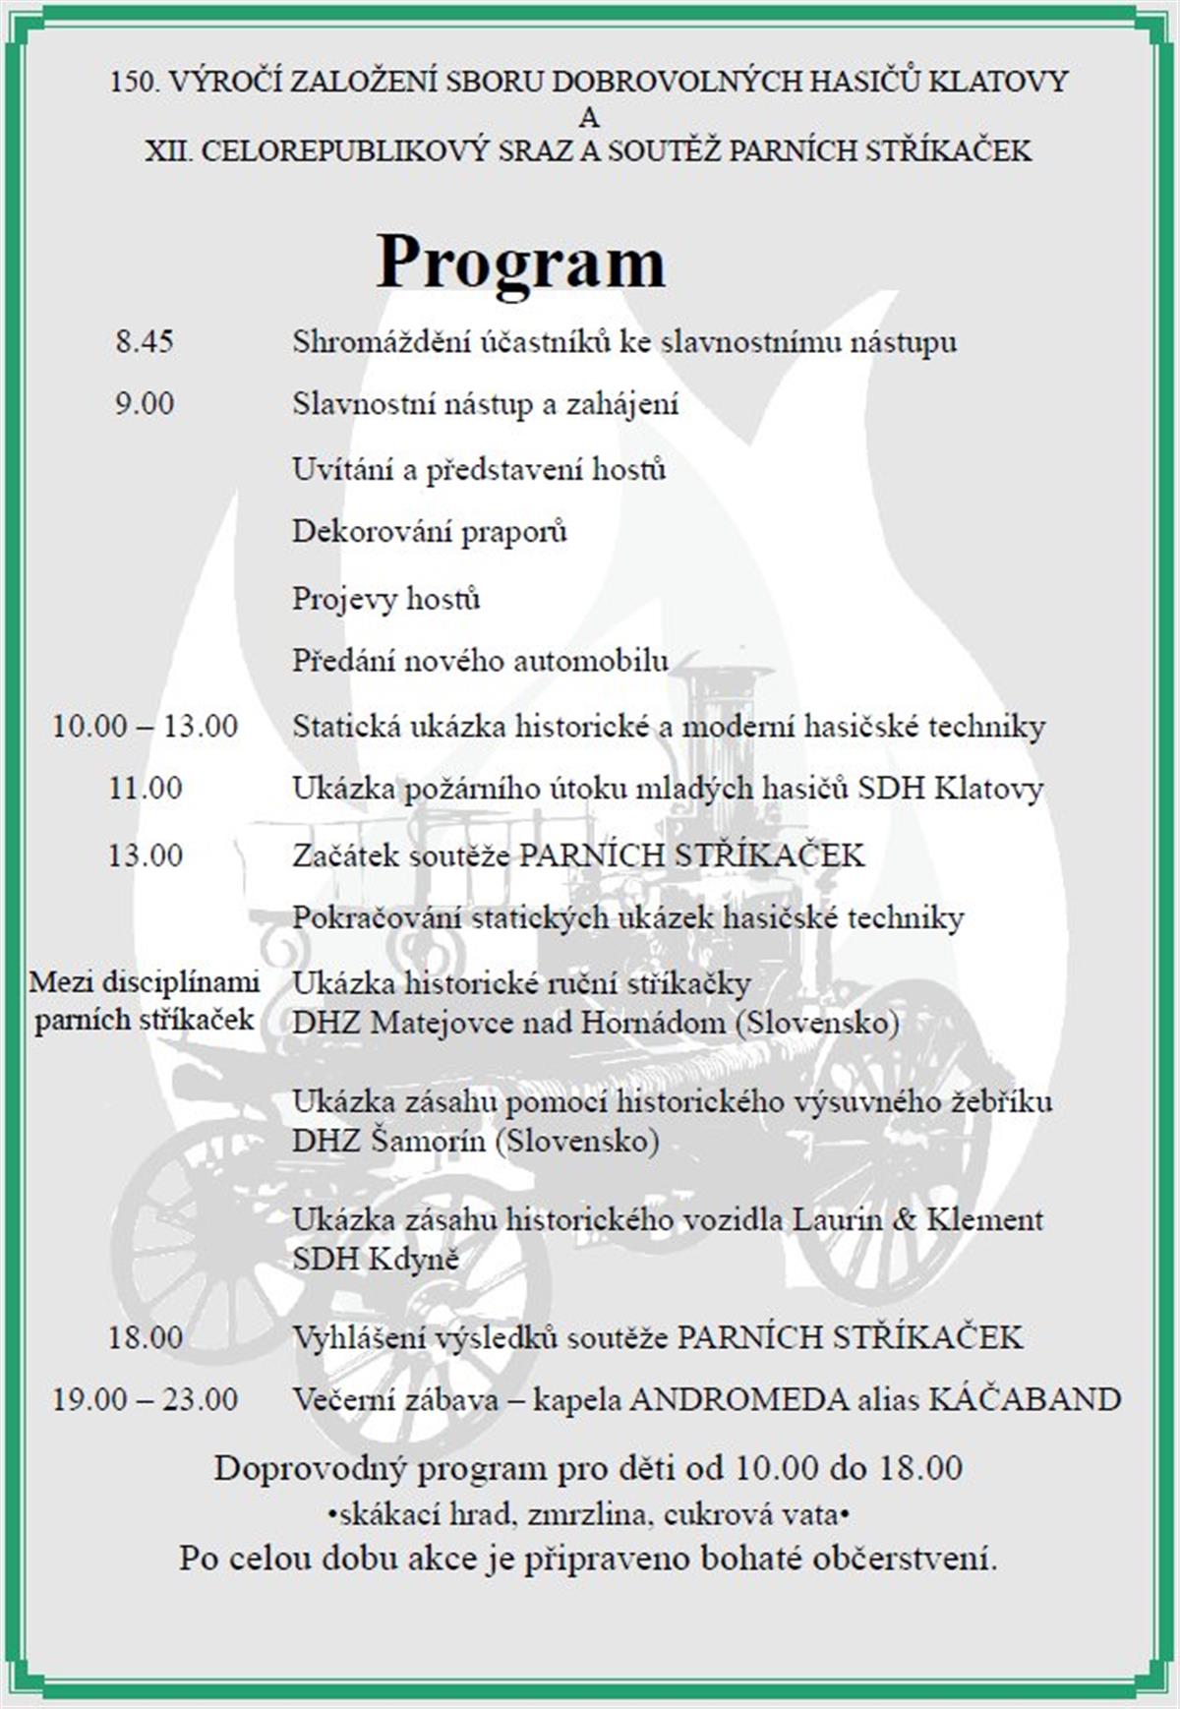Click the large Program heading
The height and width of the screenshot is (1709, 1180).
pos(520,263)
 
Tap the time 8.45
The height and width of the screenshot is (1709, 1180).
pos(145,342)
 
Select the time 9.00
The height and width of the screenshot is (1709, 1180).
pos(145,403)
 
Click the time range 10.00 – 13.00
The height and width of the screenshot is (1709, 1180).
pos(145,727)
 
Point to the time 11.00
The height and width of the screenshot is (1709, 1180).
pos(146,789)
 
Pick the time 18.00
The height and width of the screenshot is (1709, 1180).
pos(146,1337)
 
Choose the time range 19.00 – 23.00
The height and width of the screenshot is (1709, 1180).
pos(145,1399)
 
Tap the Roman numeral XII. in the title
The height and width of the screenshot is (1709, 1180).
pos(168,151)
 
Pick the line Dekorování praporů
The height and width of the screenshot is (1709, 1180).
pos(430,532)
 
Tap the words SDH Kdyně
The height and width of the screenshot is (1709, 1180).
pos(375,1260)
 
